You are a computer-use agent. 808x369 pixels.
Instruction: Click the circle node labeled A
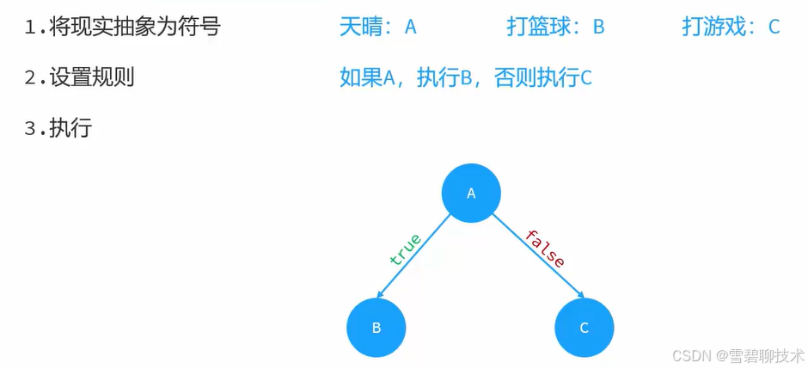[471, 194]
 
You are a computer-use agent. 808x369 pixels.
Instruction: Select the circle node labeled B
[376, 328]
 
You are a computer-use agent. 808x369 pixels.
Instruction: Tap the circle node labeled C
[585, 328]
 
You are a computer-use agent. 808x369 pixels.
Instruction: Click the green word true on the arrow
[405, 249]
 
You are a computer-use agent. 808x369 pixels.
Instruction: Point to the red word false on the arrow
[545, 249]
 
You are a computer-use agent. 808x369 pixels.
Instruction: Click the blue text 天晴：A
[378, 27]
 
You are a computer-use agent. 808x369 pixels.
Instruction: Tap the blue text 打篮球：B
[555, 27]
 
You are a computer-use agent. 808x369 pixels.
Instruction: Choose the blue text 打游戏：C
[731, 27]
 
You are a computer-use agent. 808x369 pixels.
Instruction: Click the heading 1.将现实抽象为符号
[122, 27]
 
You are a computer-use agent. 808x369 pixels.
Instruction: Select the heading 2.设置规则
[79, 77]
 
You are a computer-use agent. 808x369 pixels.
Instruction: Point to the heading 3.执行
[58, 129]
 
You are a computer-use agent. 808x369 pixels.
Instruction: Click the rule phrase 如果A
[367, 78]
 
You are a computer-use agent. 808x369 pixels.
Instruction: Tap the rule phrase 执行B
[446, 78]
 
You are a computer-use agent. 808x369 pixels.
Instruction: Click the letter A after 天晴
[411, 28]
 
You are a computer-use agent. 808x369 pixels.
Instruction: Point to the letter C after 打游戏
[774, 28]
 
